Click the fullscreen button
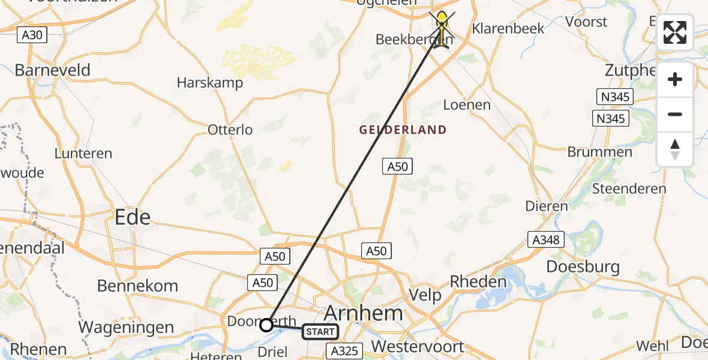675,32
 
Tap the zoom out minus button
675,114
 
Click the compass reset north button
675,149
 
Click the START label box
320,331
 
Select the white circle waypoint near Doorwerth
266,325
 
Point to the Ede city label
133,217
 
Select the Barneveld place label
52,70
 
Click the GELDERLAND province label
403,130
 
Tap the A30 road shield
32,35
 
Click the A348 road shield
546,240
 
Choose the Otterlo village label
230,130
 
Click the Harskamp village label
210,83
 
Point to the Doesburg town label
583,266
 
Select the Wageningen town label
127,328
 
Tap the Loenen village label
467,105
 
